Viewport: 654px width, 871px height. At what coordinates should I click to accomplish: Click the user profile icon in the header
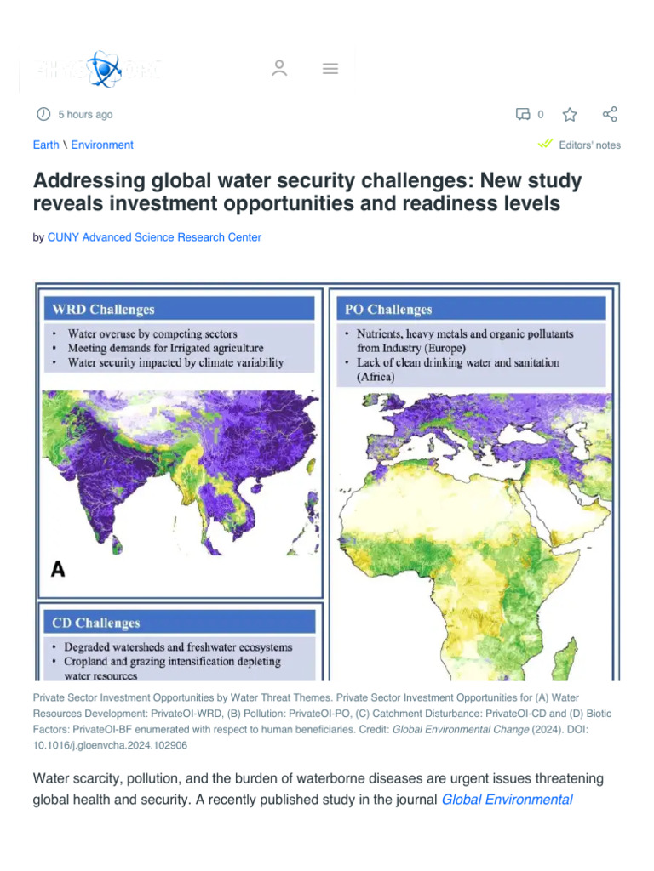[x=279, y=69]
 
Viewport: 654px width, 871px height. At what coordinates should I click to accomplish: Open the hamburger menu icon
[x=330, y=69]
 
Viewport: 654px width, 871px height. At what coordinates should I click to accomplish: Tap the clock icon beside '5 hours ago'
[x=43, y=114]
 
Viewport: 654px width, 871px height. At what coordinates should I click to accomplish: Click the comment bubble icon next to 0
[x=523, y=114]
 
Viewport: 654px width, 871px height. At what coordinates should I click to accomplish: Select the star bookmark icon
[x=570, y=114]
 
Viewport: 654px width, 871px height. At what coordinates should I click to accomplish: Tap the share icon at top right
[x=610, y=114]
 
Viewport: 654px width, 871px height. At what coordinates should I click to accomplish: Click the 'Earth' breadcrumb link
[x=46, y=145]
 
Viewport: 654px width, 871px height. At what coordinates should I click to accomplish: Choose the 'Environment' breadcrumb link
[x=102, y=145]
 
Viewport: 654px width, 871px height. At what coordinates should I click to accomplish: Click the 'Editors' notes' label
[x=589, y=145]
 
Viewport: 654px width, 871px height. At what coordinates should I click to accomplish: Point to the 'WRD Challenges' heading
[x=104, y=309]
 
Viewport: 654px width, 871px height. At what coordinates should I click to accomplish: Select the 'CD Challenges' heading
[x=96, y=623]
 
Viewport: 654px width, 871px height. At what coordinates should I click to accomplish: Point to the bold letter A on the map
[x=58, y=569]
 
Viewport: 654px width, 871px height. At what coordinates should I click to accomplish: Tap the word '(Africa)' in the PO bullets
[x=376, y=377]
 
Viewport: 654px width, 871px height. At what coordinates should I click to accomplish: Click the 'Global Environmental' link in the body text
[x=507, y=799]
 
